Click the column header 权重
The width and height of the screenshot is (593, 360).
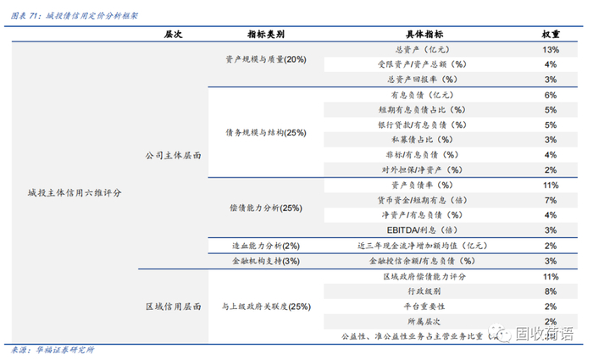[550, 34]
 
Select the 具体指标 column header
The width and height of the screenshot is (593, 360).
[422, 34]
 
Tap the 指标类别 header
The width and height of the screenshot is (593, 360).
[265, 34]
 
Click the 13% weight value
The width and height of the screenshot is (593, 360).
[550, 50]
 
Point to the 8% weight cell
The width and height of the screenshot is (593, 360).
[550, 291]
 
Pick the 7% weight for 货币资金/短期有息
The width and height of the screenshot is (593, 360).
[550, 200]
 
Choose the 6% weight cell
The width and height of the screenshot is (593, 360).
[550, 95]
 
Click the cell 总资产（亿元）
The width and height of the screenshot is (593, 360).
[422, 50]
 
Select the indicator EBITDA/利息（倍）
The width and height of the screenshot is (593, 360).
[422, 230]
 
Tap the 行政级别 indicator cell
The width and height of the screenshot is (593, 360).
[422, 291]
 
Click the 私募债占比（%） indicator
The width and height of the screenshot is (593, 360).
[422, 140]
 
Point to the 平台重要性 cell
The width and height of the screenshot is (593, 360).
[422, 307]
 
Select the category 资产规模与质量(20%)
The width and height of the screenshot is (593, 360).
[265, 59]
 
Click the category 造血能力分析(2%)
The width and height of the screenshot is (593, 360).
[265, 246]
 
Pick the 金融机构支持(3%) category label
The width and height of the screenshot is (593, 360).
[265, 261]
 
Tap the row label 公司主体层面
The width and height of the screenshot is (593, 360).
[173, 156]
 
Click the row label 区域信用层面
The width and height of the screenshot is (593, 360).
[173, 307]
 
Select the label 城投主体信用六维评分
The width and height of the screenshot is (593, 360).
[75, 193]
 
